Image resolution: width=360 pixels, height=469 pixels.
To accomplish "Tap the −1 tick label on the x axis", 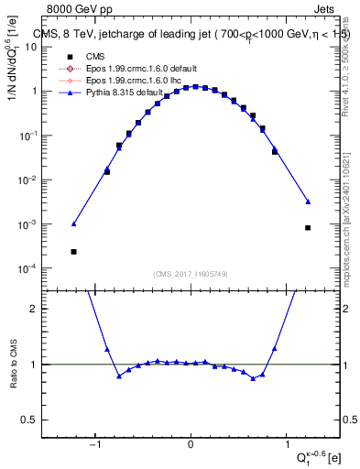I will (x=94, y=444).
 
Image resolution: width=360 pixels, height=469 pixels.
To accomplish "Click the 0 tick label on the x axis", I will (x=191, y=444).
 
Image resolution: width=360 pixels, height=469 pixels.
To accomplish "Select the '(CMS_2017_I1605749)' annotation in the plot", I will (x=191, y=274).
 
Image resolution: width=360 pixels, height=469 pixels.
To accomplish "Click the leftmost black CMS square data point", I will (x=73, y=251).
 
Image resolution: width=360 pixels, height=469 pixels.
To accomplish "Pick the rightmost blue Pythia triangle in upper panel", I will (x=308, y=202).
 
